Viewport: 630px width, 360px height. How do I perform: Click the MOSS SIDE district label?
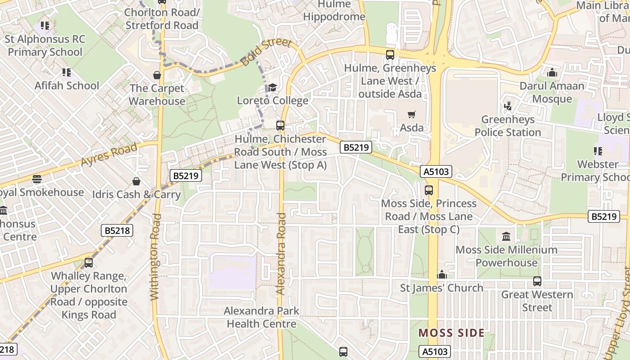coord(451,333)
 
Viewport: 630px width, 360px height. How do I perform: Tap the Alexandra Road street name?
coord(281,254)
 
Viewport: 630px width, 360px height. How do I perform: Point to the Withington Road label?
coord(155,256)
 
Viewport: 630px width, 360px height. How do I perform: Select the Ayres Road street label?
coord(109,156)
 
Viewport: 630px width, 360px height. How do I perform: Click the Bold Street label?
coord(266,52)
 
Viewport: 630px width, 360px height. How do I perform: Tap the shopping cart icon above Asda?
coord(411,115)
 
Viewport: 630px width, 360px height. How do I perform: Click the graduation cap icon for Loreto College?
coord(272,87)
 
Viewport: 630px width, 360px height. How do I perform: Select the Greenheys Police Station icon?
coord(508,106)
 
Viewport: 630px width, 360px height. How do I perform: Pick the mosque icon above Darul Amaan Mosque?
coord(552,72)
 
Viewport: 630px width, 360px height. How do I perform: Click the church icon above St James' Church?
coord(442,274)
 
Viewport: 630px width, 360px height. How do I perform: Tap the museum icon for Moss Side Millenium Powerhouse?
coord(506,236)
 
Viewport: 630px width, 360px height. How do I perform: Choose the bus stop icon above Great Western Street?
coord(537,281)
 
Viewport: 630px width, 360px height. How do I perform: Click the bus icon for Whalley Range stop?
coord(89,263)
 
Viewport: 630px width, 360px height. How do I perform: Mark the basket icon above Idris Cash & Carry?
coord(136,181)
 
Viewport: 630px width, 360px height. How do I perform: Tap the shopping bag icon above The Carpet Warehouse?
coord(157,75)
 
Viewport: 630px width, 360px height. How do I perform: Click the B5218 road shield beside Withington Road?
coord(117,231)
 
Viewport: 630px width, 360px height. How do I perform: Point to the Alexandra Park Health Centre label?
coord(261,317)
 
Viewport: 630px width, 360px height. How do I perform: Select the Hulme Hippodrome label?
coord(334,11)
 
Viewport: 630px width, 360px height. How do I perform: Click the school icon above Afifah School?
coord(67,72)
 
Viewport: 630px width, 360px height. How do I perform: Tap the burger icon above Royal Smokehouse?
coord(37,179)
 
